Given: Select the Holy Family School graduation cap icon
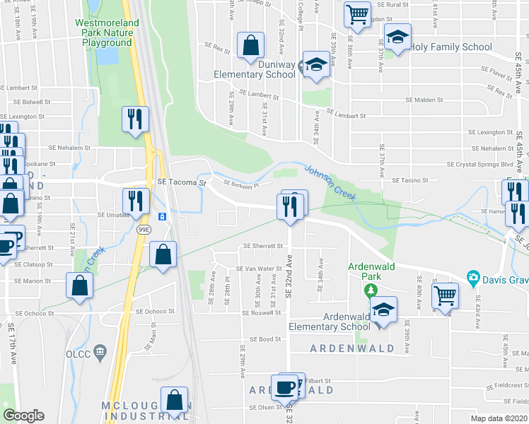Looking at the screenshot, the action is coord(397,37).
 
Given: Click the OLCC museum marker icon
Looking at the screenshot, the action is coord(99,351).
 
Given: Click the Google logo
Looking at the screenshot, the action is coord(23,415).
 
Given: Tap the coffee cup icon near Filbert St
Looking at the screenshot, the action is coord(286,387).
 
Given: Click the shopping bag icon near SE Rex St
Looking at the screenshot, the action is coord(250,45).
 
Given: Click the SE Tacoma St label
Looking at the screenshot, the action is coord(181,182).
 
